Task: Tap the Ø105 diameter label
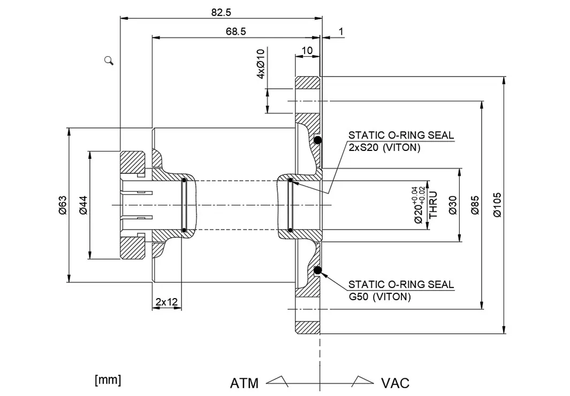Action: [497, 204]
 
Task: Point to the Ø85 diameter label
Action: [475, 204]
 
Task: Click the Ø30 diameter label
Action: [453, 205]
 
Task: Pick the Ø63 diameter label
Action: [62, 205]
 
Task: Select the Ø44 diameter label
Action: [82, 205]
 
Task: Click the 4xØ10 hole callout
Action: [261, 64]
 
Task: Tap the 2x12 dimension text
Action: [166, 302]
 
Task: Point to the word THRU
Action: [434, 204]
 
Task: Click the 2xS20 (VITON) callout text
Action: [384, 148]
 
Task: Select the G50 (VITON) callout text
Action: [379, 296]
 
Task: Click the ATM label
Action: [244, 383]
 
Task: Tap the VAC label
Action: [395, 383]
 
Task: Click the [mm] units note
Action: [108, 380]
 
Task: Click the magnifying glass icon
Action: [109, 60]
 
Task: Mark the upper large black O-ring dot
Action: [317, 141]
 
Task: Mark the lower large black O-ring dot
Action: [317, 270]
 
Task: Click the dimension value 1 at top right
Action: [341, 32]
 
